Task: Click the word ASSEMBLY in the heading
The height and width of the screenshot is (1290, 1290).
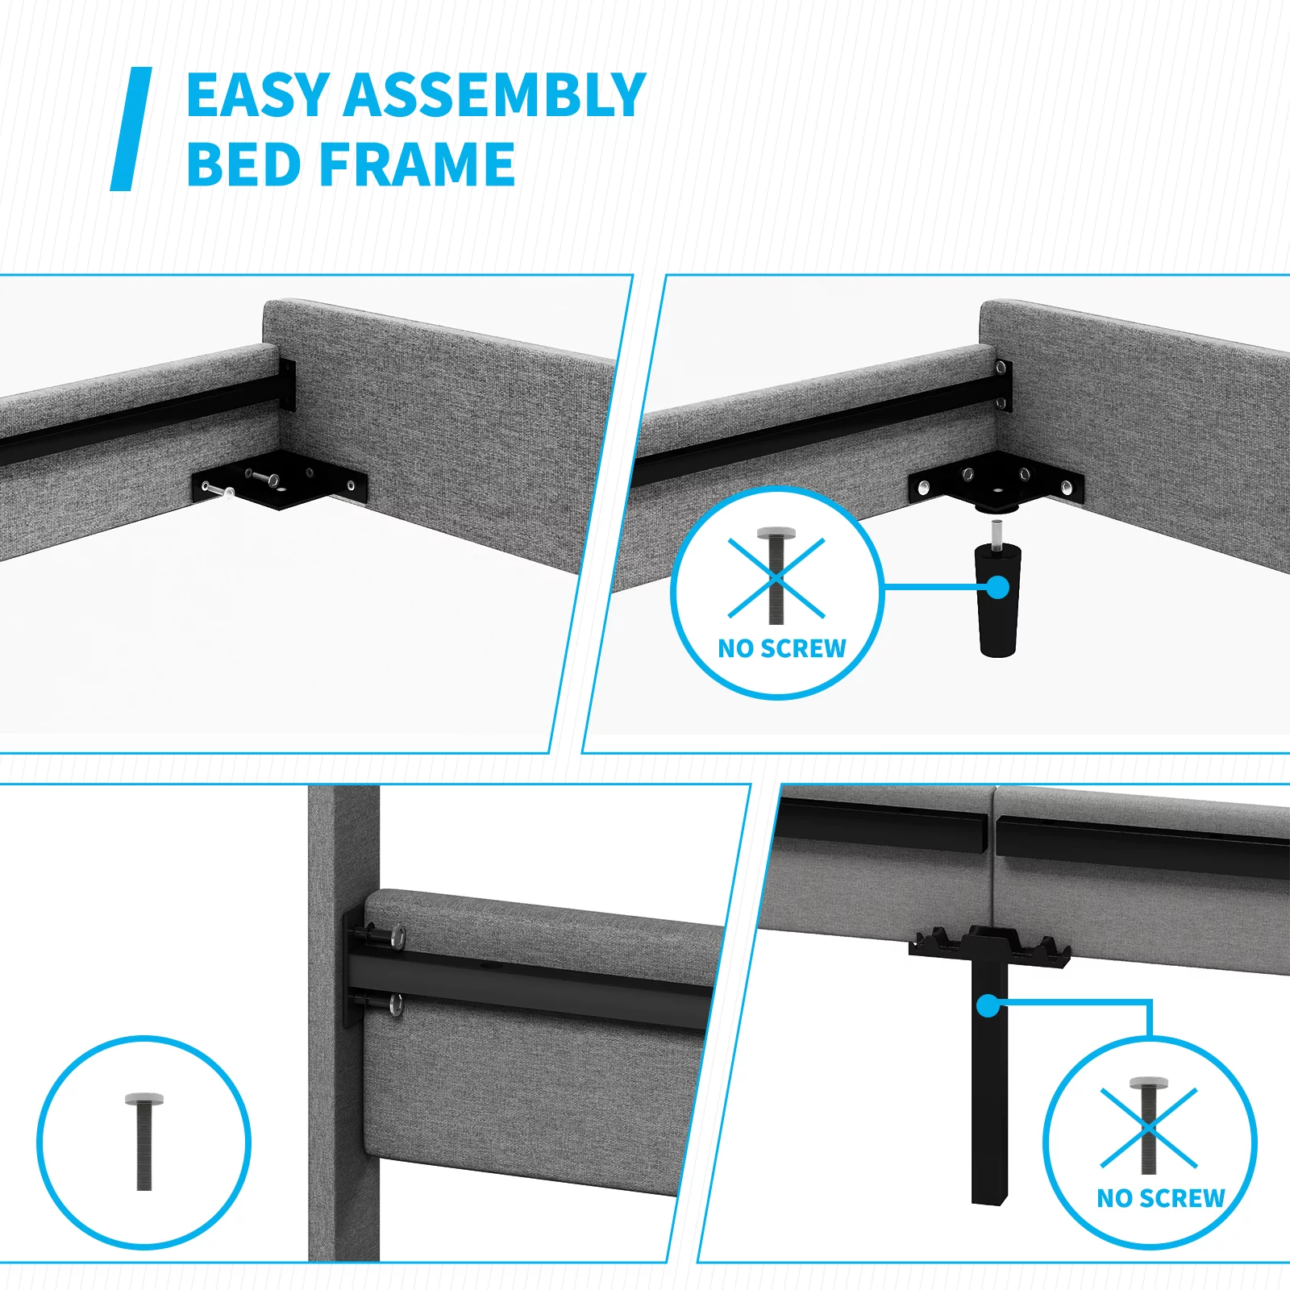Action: point(496,95)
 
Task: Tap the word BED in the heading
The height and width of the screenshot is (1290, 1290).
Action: point(247,164)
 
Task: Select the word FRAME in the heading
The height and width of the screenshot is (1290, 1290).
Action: point(418,164)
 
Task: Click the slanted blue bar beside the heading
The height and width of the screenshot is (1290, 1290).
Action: point(131,129)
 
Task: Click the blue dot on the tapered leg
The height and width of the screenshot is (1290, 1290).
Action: point(998,587)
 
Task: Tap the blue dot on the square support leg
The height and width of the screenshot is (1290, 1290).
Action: point(988,1006)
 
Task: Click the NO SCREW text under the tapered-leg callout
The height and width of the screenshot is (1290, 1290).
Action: point(782,648)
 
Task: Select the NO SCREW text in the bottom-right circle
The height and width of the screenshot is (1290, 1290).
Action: point(1161,1198)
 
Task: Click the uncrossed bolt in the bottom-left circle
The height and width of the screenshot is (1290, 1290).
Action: point(144,1142)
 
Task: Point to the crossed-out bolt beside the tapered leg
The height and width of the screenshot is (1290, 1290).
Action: point(776,576)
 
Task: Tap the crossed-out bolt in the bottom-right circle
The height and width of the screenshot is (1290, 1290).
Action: point(1148,1126)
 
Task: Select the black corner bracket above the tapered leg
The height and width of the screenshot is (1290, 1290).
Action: point(996,482)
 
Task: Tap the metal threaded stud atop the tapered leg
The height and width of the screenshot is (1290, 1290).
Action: point(997,533)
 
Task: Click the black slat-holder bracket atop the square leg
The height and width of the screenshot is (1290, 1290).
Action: point(989,947)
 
